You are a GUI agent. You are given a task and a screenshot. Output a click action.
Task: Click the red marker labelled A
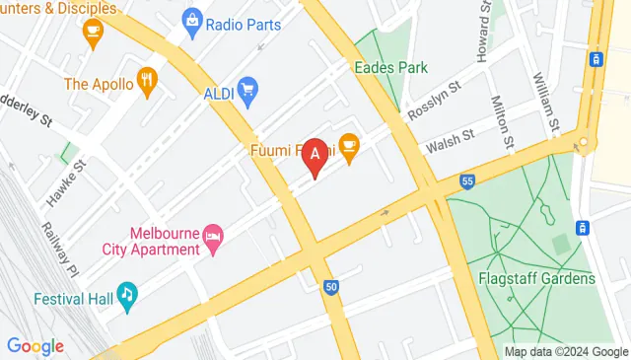[x=315, y=155]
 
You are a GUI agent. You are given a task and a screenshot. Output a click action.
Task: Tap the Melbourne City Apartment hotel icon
[x=212, y=236]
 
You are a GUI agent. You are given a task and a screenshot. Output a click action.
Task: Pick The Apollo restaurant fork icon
[x=148, y=83]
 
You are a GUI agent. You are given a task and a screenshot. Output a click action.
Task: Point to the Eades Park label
[x=391, y=69]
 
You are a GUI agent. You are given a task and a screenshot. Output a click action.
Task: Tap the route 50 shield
[x=331, y=287]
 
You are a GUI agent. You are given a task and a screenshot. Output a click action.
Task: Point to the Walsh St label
[x=450, y=141]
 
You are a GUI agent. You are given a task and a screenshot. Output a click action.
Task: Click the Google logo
[x=35, y=346]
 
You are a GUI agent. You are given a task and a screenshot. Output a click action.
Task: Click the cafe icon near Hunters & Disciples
[x=93, y=35]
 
